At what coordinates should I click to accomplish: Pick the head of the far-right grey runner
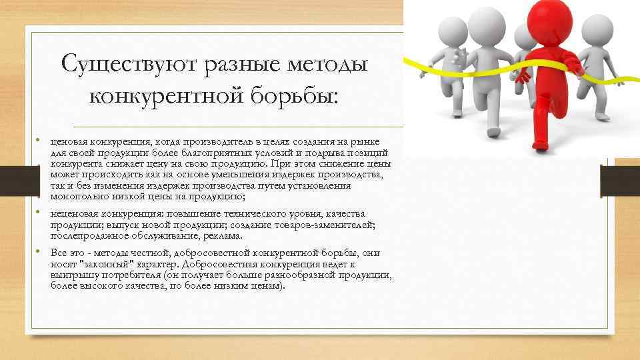coord(595,27)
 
